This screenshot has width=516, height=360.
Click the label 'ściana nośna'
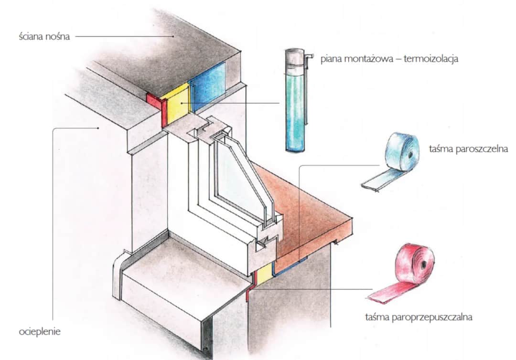[43, 36]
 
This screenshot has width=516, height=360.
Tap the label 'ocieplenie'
[40, 331]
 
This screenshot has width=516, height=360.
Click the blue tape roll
[402, 152]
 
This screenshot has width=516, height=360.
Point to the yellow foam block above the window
[176, 106]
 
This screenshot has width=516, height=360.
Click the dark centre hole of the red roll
[423, 265]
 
